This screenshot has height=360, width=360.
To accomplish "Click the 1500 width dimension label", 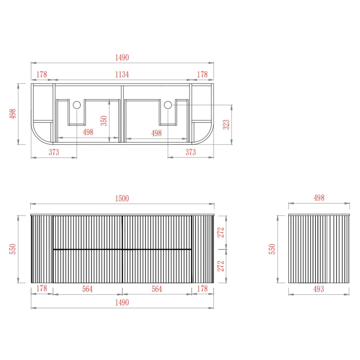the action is click(122, 198).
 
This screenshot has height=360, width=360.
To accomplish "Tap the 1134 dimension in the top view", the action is click(122, 75).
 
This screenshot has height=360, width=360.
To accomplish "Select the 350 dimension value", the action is click(104, 121).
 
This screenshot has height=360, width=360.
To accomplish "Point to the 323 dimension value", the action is click(226, 124).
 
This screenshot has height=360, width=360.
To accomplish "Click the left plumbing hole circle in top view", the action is click(77, 105).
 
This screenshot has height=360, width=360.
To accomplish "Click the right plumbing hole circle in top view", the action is click(168, 105).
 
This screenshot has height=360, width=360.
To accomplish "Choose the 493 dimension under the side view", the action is click(319, 289).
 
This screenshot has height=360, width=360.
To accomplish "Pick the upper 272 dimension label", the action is click(221, 232).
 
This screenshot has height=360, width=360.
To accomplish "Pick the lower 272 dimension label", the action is click(221, 266).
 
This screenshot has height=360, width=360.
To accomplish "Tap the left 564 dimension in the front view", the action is click(88, 289).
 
